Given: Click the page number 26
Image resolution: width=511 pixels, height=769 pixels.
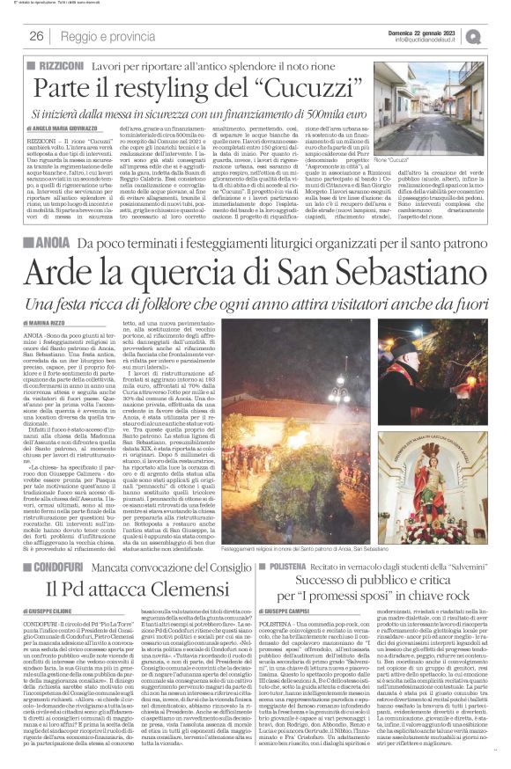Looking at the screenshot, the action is tap(37, 36).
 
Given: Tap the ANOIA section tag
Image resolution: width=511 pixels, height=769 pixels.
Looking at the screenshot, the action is tap(49, 241).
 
